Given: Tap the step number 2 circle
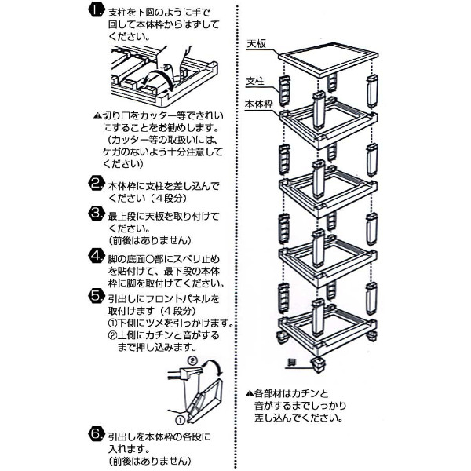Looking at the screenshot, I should point(95,185).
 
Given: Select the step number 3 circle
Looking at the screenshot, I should point(95,214).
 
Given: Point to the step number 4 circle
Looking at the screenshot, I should point(95,257).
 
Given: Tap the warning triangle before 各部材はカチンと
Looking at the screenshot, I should point(248,392).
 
